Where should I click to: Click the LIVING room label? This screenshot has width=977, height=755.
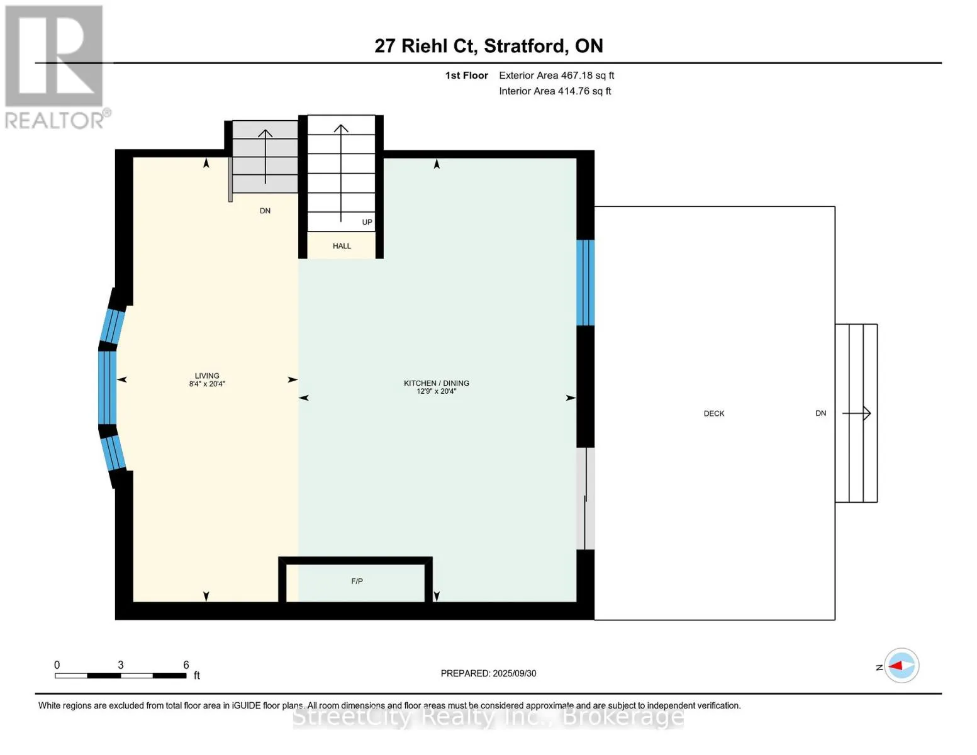tap(207, 376)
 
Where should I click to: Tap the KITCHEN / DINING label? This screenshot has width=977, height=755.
tap(436, 383)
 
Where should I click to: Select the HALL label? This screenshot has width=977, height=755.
tap(342, 246)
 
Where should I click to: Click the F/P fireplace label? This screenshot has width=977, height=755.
tap(357, 581)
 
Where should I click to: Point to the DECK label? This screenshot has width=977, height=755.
tap(714, 413)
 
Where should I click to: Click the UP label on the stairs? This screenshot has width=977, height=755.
tap(367, 222)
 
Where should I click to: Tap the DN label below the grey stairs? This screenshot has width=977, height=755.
tap(265, 210)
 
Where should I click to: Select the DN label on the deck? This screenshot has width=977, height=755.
tap(820, 413)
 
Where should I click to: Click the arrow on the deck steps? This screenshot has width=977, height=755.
tap(856, 413)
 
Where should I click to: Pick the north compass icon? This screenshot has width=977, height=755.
tap(901, 666)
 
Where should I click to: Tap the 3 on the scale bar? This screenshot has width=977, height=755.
tap(121, 664)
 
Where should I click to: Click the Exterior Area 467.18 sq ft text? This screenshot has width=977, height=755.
tap(556, 75)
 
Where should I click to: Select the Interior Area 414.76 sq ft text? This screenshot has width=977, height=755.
tap(555, 91)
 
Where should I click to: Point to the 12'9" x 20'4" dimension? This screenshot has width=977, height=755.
tap(436, 392)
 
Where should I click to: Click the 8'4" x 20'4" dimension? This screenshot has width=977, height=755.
tap(207, 384)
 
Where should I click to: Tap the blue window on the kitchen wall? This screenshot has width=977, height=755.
tap(586, 282)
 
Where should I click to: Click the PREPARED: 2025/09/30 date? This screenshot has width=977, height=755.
tap(488, 673)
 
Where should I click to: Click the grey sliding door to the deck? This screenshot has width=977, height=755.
tap(586, 498)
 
